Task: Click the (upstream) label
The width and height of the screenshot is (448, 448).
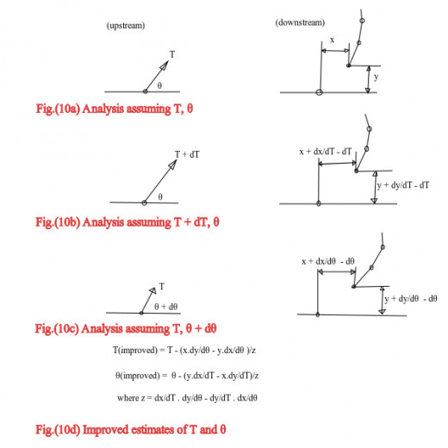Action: click(x=126, y=26)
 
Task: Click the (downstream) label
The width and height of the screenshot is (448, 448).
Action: click(x=300, y=22)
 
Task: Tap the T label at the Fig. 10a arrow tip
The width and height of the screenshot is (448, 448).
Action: click(x=172, y=54)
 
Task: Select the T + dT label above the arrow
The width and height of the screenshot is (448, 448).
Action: click(x=187, y=154)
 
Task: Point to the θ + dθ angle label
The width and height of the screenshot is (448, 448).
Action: click(x=166, y=307)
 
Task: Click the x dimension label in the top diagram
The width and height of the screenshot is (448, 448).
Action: click(x=333, y=40)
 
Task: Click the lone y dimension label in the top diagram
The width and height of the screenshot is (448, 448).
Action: click(x=376, y=77)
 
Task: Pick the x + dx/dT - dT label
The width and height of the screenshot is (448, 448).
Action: click(x=325, y=152)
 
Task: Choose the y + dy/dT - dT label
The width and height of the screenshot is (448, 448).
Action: click(x=403, y=185)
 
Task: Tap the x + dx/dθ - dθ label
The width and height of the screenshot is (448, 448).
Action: click(x=328, y=261)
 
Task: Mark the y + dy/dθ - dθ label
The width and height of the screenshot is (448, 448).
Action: click(x=411, y=299)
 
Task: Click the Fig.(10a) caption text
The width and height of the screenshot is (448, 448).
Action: click(x=115, y=109)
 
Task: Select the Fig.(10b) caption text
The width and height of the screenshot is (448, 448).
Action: click(x=128, y=222)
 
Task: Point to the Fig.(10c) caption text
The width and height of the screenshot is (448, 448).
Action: click(x=126, y=328)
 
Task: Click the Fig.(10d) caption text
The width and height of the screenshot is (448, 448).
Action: click(x=131, y=430)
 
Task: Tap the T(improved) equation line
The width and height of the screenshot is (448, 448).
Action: click(x=184, y=350)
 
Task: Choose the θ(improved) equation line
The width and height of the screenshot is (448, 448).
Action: click(x=187, y=376)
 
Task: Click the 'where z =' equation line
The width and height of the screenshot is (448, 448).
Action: click(x=187, y=398)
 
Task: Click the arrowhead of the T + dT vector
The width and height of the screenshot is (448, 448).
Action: click(x=173, y=165)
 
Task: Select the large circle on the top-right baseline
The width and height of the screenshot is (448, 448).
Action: click(x=319, y=92)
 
